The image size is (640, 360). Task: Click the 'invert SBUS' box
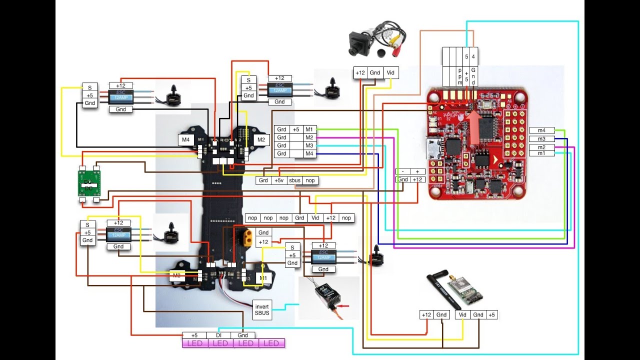click(x=262, y=309)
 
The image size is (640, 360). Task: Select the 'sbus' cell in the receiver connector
click(x=294, y=180)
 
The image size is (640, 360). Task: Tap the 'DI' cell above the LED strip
click(x=218, y=335)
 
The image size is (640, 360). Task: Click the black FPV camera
click(x=359, y=42)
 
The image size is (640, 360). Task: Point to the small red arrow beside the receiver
click(x=342, y=304)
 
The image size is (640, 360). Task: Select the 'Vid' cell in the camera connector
click(x=390, y=73)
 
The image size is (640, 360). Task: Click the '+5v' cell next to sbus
click(x=279, y=180)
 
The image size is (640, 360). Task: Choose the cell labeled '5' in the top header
click(x=466, y=56)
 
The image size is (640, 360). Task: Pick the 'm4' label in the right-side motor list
click(x=541, y=130)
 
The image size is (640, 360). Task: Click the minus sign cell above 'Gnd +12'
click(x=402, y=171)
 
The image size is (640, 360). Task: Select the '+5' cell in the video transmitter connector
click(x=491, y=314)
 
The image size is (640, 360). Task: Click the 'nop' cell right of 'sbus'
click(x=310, y=180)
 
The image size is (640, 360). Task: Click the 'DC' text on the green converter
click(x=88, y=181)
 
